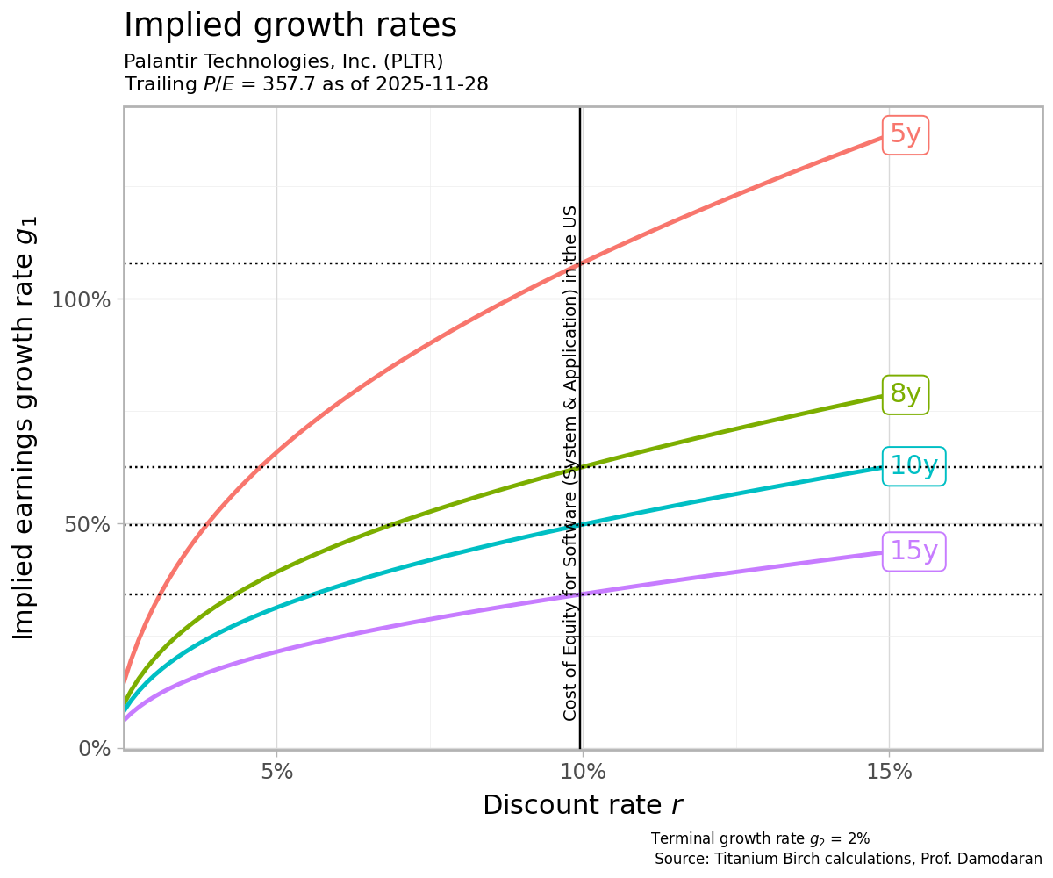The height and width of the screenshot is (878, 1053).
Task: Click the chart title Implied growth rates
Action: (x=290, y=25)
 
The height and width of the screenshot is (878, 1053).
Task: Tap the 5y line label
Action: (x=906, y=134)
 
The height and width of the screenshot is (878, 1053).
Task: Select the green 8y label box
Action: (x=906, y=394)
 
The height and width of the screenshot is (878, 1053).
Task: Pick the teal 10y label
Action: (x=913, y=465)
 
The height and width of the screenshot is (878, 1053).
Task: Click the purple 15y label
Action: (x=913, y=551)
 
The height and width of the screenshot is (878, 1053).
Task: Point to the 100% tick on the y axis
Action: (x=82, y=299)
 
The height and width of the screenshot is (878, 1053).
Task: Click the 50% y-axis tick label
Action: (x=88, y=524)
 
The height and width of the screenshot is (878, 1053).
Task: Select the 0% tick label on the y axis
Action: (x=95, y=749)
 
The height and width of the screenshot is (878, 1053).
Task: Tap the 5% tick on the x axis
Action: (x=276, y=773)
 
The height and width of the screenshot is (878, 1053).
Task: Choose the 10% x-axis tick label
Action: (x=583, y=773)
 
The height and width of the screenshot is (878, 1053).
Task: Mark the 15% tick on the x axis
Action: (x=889, y=773)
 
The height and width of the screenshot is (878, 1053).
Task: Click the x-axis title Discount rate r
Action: (x=583, y=805)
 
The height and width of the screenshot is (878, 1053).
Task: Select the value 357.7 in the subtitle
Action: (x=286, y=84)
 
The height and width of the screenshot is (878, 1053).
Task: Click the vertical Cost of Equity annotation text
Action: (x=570, y=463)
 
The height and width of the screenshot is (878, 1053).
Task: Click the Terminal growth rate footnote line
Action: (x=760, y=838)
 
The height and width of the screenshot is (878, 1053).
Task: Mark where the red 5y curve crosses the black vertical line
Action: (x=580, y=263)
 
